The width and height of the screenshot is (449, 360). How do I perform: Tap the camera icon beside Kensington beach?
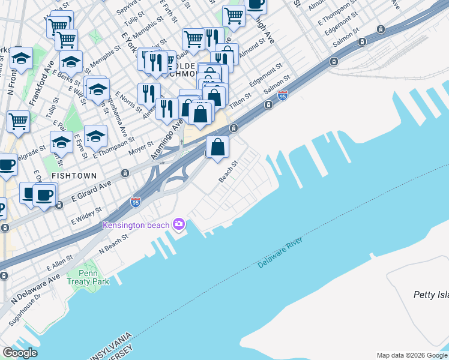click(178, 224)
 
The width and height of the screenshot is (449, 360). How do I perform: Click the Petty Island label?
click(430, 294)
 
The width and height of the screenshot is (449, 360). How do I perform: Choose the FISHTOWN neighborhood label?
click(75, 175)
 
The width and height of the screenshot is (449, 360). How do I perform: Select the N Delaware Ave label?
click(35, 287)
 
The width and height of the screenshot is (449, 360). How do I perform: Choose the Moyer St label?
click(141, 145)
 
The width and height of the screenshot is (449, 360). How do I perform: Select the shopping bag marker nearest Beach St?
click(217, 146)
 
